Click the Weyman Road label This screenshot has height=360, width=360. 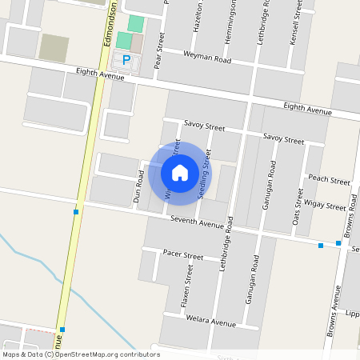point(207,59)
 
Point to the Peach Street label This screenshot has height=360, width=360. point(329,180)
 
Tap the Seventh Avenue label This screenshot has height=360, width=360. point(196,221)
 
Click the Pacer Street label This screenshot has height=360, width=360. point(182,255)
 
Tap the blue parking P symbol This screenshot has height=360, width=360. point(126,59)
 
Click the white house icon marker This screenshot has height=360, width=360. point(180,172)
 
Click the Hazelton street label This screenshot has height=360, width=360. point(198,16)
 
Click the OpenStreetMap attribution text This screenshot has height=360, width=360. point(80,354)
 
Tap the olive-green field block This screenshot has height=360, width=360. point(54,48)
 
